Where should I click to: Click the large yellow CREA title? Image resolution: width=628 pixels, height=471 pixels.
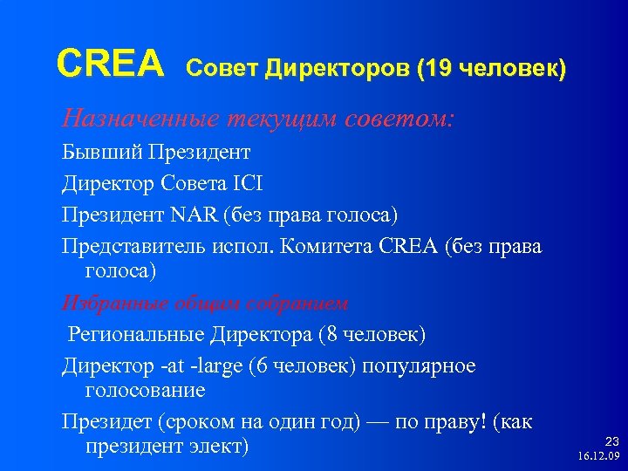110,63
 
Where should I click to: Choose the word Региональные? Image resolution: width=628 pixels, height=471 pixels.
135,334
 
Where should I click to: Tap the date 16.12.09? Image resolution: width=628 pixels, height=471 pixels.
597,456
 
